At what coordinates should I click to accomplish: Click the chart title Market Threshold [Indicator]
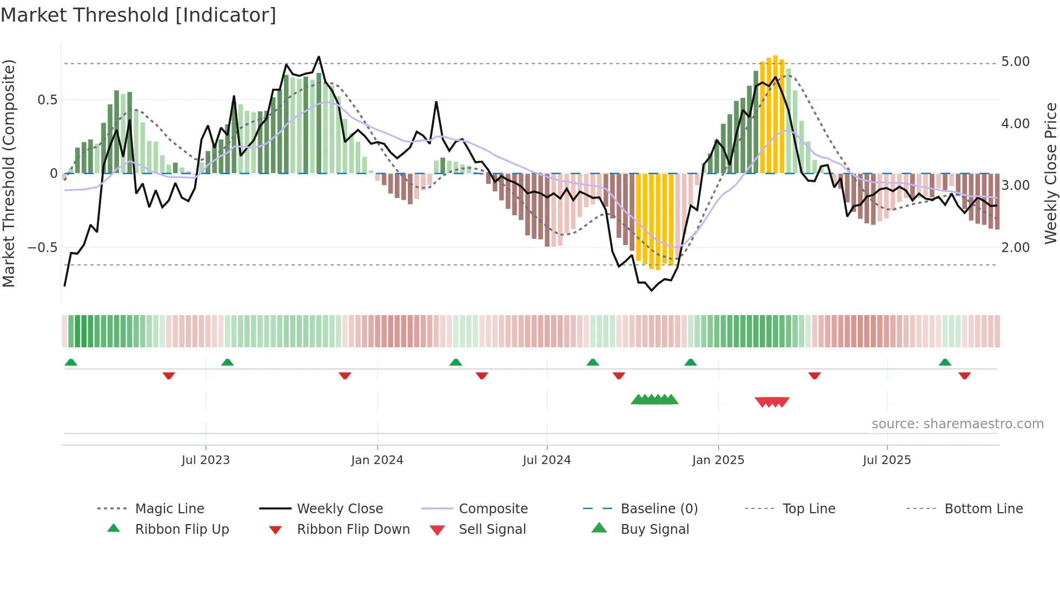pyautogui.click(x=138, y=15)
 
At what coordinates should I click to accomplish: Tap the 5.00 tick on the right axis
pyautogui.click(x=1015, y=62)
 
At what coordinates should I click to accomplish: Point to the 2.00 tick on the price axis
pyautogui.click(x=1015, y=248)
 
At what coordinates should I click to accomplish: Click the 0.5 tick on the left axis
pyautogui.click(x=47, y=100)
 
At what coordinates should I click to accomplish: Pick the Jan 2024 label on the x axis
pyautogui.click(x=377, y=460)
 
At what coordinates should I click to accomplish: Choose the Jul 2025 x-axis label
pyautogui.click(x=886, y=460)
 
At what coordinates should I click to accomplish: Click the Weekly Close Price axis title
pyautogui.click(x=1050, y=173)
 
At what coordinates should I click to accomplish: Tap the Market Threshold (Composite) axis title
pyautogui.click(x=9, y=173)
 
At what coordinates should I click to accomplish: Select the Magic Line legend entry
pyautogui.click(x=169, y=509)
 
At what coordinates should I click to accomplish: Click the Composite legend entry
pyautogui.click(x=493, y=509)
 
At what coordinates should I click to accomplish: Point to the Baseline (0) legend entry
pyautogui.click(x=659, y=509)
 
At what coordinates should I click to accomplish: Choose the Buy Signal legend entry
pyautogui.click(x=654, y=529)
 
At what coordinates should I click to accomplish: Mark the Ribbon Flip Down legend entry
pyautogui.click(x=353, y=529)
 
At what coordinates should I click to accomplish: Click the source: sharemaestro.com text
pyautogui.click(x=957, y=424)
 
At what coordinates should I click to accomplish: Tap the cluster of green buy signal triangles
pyautogui.click(x=654, y=400)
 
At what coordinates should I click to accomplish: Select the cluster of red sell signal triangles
pyautogui.click(x=772, y=402)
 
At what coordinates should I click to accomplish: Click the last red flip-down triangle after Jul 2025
pyautogui.click(x=964, y=375)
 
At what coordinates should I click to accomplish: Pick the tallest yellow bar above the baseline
pyautogui.click(x=776, y=114)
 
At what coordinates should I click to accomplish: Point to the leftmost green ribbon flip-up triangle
pyautogui.click(x=71, y=362)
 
